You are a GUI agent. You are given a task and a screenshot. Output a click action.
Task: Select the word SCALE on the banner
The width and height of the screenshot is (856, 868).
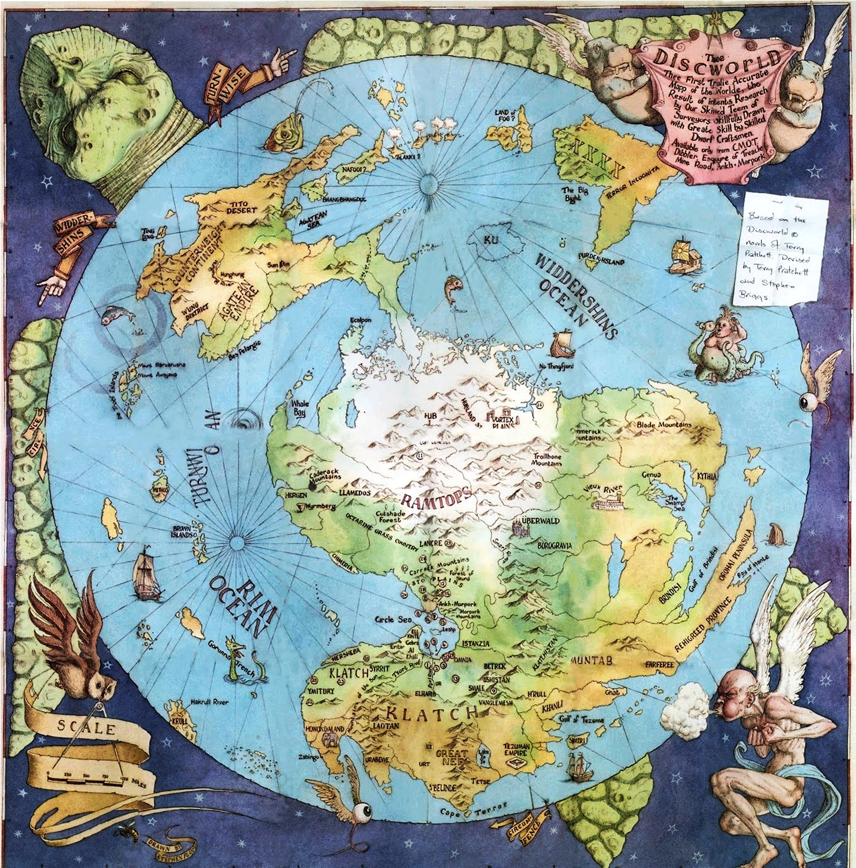(x=86, y=727)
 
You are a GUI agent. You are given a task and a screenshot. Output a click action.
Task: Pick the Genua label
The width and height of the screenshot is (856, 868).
(x=652, y=475)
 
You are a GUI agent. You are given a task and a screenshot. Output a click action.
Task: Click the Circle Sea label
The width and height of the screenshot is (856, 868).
(x=393, y=620)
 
